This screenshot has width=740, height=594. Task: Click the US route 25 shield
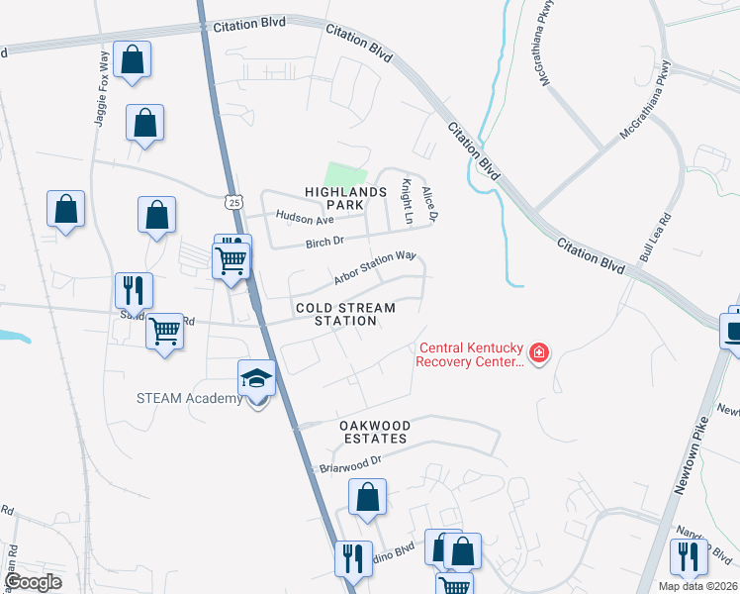pyautogui.click(x=232, y=202)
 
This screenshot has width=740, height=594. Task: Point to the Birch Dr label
pyautogui.click(x=324, y=241)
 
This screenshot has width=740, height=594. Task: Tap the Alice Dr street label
pyautogui.click(x=429, y=203)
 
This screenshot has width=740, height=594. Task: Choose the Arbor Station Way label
pyautogui.click(x=374, y=267)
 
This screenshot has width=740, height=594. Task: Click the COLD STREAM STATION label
pyautogui.click(x=345, y=314)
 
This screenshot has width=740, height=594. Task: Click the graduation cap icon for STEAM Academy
pyautogui.click(x=256, y=378)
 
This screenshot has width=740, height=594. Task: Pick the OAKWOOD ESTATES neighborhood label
pyautogui.click(x=360, y=431)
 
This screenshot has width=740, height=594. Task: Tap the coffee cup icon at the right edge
pyautogui.click(x=733, y=329)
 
